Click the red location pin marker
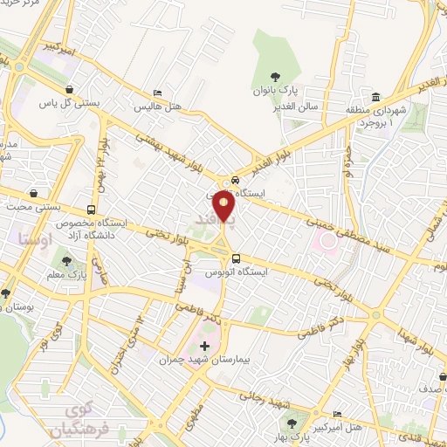pyautogui.click(x=224, y=206)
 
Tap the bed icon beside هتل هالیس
pyautogui.click(x=157, y=93)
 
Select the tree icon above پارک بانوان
pyautogui.click(x=276, y=77)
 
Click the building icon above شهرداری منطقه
pyautogui.click(x=375, y=96)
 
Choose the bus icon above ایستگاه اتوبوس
pyautogui.click(x=236, y=258)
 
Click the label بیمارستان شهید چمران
pyautogui.click(x=205, y=358)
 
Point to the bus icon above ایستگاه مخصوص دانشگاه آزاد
pyautogui.click(x=92, y=210)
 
